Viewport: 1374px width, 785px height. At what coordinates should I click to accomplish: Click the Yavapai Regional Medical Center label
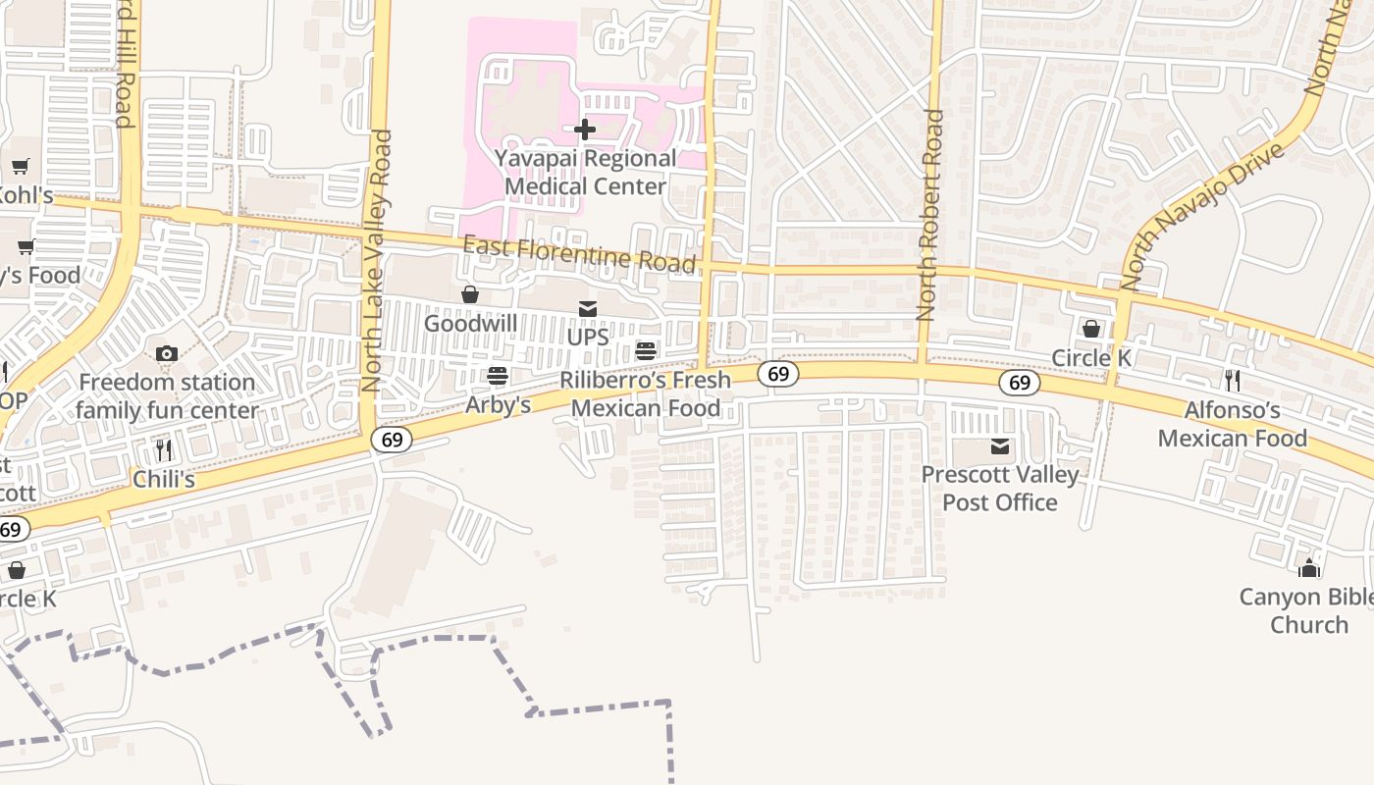click(x=585, y=172)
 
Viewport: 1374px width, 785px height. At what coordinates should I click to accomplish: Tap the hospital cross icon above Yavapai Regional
click(x=585, y=129)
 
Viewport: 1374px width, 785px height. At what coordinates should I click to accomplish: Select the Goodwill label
click(x=470, y=323)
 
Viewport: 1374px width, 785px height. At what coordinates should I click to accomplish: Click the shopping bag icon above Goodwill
click(x=470, y=294)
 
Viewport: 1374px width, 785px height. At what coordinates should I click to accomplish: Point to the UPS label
click(x=588, y=337)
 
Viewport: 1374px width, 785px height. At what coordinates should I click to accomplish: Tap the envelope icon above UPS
click(x=588, y=309)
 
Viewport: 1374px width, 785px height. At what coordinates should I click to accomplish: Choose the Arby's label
click(x=498, y=404)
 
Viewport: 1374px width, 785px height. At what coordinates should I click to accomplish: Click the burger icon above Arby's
click(x=498, y=376)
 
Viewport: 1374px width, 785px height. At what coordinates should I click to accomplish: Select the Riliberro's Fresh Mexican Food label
click(x=645, y=393)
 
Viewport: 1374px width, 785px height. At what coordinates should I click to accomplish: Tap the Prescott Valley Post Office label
click(x=1000, y=488)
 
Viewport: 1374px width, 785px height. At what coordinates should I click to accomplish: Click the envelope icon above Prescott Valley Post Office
click(x=1000, y=447)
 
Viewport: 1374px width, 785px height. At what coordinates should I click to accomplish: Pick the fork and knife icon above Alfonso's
click(x=1233, y=381)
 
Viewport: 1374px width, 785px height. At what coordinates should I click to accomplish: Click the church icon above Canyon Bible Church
click(x=1309, y=568)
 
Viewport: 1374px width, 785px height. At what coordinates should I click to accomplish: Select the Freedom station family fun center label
click(x=167, y=396)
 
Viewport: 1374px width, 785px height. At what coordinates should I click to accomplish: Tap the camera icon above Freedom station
click(x=167, y=353)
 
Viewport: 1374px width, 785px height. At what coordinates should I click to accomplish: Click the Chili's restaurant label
click(x=164, y=480)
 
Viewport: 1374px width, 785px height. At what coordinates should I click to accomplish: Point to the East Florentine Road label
click(x=579, y=253)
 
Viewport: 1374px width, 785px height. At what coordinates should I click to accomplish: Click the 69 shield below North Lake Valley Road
click(x=392, y=440)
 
